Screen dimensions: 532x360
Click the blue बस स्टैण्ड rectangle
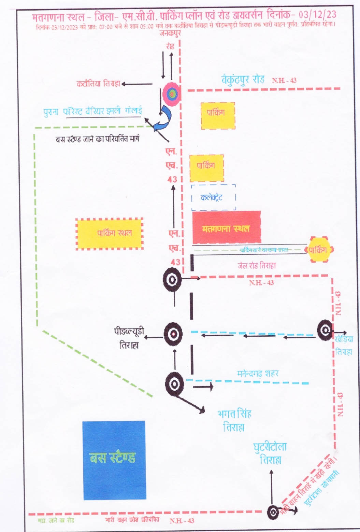tap(114, 460)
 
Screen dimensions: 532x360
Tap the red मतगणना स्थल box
tap(226, 227)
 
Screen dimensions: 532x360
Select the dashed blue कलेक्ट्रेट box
tap(213, 197)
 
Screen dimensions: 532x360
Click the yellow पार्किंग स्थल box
tap(109, 234)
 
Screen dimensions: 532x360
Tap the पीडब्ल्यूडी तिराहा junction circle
tap(173, 334)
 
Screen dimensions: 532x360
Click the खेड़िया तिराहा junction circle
tap(325, 330)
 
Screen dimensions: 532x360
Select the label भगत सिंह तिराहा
tap(234, 420)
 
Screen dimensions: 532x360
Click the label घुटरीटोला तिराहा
tap(270, 453)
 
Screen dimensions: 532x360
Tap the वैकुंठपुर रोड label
tap(243, 80)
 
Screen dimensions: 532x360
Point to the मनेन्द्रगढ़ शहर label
tap(258, 373)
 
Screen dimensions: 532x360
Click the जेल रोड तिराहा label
tap(256, 265)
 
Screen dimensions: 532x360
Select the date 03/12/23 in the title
tap(317, 15)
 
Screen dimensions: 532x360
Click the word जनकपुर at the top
tap(170, 33)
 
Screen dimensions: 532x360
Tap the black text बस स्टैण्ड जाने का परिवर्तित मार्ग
tap(97, 139)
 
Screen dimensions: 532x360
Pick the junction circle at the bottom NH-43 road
tap(273, 512)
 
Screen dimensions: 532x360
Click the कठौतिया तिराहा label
tap(98, 84)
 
